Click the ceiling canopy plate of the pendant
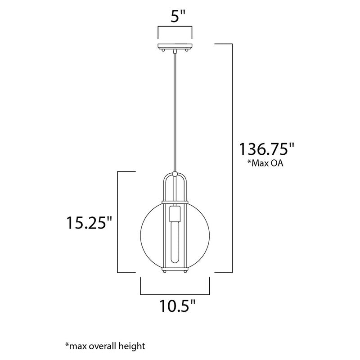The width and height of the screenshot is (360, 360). tap(175, 46)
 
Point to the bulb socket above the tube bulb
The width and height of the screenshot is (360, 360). tap(175, 214)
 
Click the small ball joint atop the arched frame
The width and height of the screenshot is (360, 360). tap(175, 174)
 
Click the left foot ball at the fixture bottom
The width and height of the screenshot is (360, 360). tap(165, 272)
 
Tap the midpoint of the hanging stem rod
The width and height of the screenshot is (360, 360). tap(175, 112)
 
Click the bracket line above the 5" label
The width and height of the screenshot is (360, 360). tap(175, 28)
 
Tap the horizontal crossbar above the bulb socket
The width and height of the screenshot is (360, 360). tap(175, 200)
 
